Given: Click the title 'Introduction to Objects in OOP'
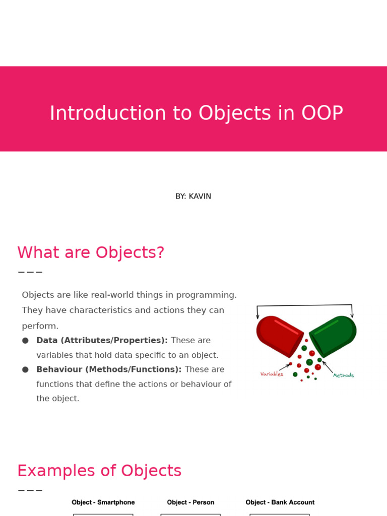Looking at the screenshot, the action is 197,113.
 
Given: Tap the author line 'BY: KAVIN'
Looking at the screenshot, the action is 193,196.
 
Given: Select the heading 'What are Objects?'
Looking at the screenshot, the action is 91,252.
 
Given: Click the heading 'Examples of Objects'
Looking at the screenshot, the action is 99,471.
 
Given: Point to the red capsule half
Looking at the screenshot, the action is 280,336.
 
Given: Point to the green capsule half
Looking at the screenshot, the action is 333,336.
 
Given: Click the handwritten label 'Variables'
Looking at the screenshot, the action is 272,374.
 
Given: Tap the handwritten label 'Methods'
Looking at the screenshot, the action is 343,375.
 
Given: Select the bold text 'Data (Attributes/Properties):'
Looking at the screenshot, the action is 102,340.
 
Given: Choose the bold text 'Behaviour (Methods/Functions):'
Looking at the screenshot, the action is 109,369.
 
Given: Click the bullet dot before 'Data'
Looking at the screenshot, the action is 25,341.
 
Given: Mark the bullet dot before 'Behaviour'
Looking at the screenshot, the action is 25,369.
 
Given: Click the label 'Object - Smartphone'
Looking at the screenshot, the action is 103,502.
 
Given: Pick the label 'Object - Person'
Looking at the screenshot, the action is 190,502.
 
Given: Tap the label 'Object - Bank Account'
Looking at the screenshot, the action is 280,502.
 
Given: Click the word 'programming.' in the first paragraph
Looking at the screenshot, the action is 206,295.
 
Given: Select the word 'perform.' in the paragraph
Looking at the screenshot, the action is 40,326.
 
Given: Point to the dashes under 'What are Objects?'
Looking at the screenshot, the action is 30,272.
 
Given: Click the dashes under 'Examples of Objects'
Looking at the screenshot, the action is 30,490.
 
